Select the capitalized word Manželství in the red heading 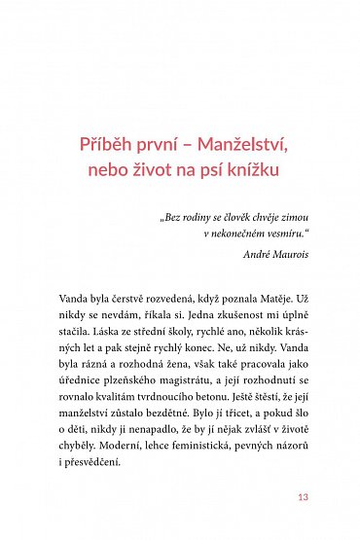coord(242,145)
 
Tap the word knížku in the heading coord(252,171)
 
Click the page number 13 coord(303,500)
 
